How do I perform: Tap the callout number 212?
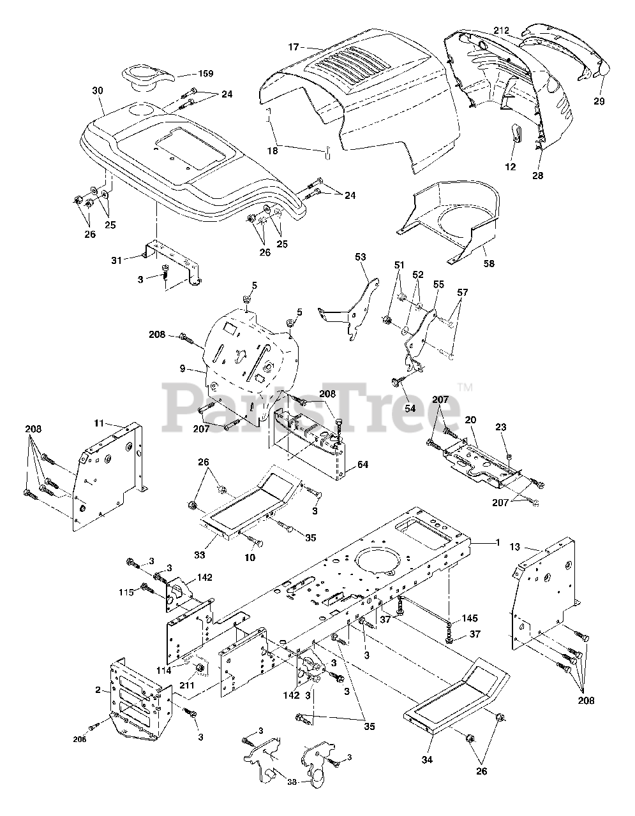pyautogui.click(x=501, y=30)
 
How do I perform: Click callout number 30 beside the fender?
pyautogui.click(x=97, y=91)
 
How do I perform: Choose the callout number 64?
pyautogui.click(x=362, y=465)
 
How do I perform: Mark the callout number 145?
pyautogui.click(x=469, y=618)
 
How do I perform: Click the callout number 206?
pyautogui.click(x=80, y=739)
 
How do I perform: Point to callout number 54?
pyautogui.click(x=410, y=407)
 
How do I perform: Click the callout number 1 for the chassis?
pyautogui.click(x=496, y=542)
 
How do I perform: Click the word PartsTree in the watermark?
pyautogui.click(x=313, y=403)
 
